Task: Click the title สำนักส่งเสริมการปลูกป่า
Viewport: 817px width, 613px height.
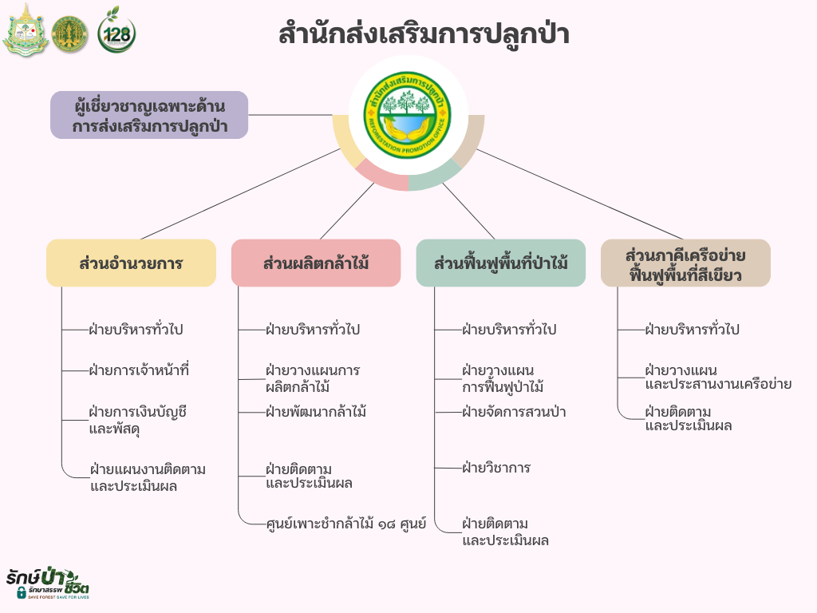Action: [424, 35]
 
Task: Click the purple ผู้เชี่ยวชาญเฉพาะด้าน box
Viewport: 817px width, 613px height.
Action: [149, 115]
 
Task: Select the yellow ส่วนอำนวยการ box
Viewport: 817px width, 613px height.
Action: [132, 263]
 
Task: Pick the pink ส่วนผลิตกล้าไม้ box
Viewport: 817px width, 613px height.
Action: [316, 263]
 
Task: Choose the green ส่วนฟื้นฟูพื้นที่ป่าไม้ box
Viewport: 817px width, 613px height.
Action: [501, 263]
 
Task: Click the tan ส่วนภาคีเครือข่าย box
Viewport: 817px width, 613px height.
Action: [685, 263]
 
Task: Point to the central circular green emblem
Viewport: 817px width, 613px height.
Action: [408, 115]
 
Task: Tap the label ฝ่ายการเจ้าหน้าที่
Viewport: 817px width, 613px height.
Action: [139, 370]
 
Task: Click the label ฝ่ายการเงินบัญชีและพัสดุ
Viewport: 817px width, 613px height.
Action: [137, 420]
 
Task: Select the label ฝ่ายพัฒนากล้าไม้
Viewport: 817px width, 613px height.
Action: [316, 412]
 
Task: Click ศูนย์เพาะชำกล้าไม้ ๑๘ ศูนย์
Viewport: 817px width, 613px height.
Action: [346, 524]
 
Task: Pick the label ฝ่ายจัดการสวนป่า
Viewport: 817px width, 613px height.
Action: [514, 412]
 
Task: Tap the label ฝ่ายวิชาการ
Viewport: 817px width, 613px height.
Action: [496, 468]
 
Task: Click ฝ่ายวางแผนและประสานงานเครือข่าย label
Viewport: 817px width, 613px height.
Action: [718, 377]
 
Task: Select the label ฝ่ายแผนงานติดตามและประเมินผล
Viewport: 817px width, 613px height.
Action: [148, 477]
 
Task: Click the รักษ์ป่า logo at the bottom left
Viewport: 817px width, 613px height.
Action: [47, 583]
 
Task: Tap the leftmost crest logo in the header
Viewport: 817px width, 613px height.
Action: [26, 30]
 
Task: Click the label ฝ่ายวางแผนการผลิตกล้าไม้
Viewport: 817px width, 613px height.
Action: [313, 378]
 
